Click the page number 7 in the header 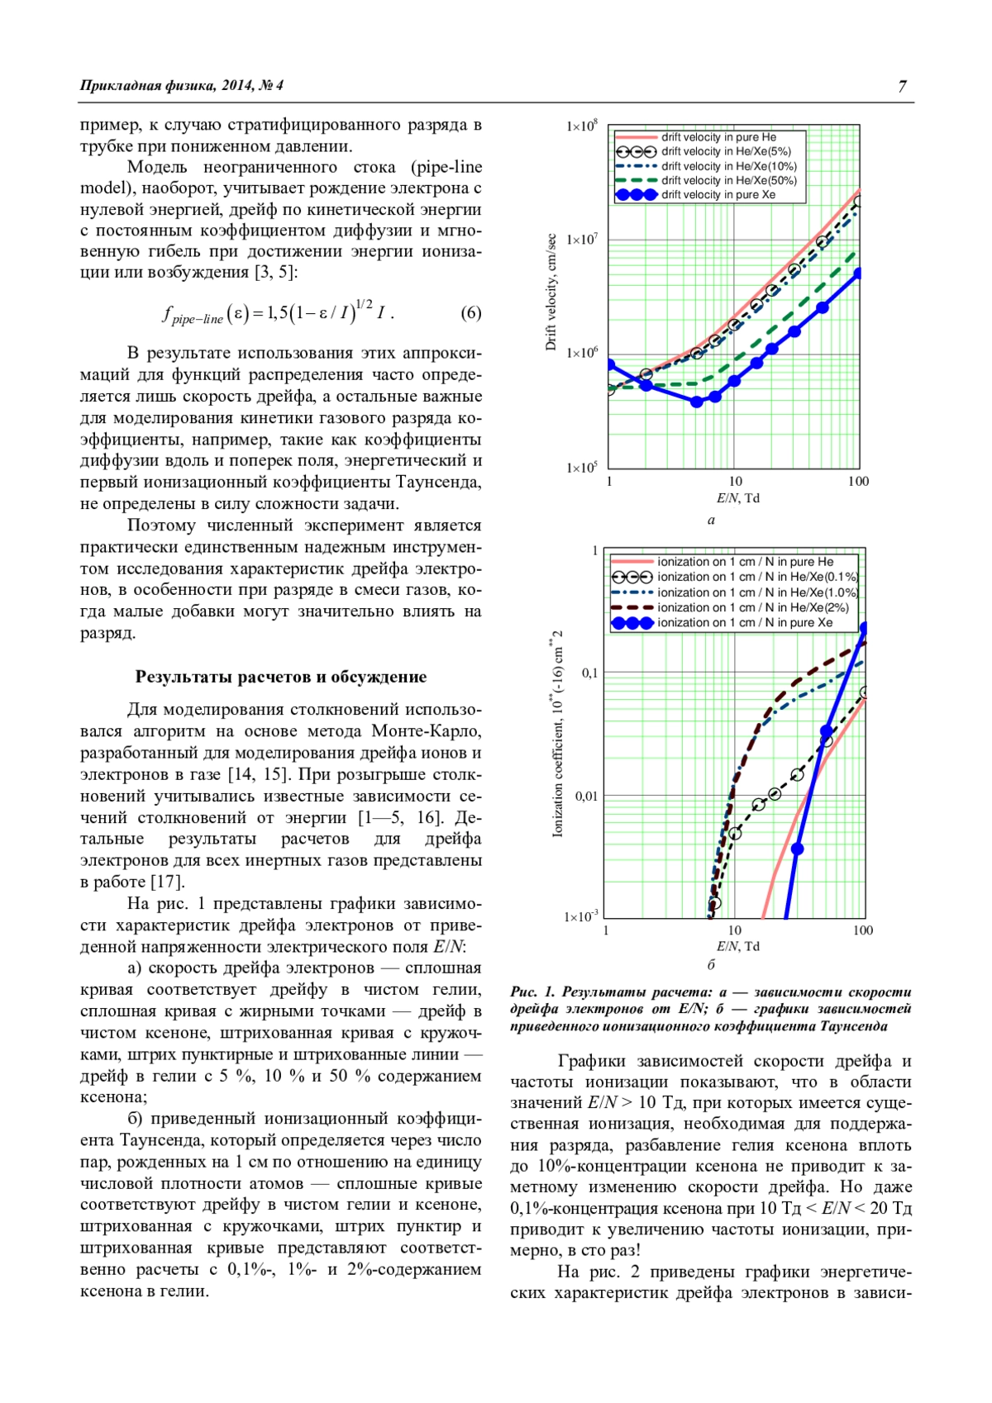tap(902, 86)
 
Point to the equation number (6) tap(470, 313)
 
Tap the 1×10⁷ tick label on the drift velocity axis tap(582, 240)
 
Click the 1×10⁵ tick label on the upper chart tap(582, 468)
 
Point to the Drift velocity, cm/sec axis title tap(551, 292)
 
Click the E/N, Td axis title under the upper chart tap(737, 498)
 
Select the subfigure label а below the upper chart tap(711, 520)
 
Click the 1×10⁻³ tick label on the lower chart tap(581, 916)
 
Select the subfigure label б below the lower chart tap(711, 964)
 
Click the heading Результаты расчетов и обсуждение tap(281, 677)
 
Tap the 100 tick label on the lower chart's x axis tap(862, 930)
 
